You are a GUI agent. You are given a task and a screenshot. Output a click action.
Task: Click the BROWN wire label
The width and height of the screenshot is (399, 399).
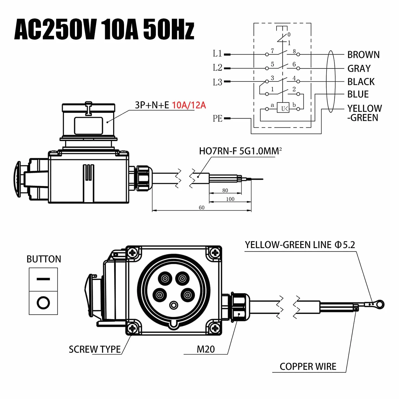tap(363, 55)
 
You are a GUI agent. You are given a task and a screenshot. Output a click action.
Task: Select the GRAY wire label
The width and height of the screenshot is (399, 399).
tap(359, 69)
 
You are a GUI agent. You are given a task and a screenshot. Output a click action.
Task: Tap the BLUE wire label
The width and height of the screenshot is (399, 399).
tap(358, 94)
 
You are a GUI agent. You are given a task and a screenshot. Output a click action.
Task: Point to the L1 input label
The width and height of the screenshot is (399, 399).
tap(217, 54)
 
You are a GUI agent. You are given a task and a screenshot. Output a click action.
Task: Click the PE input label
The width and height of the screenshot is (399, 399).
tap(217, 118)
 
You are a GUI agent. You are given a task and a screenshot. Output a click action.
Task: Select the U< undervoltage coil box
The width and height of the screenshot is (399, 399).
tap(283, 108)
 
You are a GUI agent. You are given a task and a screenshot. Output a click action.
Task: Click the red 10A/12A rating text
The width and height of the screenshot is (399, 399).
tap(189, 105)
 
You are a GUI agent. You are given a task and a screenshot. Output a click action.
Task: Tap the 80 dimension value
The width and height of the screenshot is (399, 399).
tap(225, 190)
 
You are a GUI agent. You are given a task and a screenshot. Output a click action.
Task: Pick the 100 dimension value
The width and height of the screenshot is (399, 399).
tap(230, 199)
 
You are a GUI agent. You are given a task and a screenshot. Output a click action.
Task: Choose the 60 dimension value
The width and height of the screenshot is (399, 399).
tap(201, 207)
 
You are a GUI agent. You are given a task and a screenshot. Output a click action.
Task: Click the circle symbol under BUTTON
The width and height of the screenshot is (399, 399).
tap(43, 303)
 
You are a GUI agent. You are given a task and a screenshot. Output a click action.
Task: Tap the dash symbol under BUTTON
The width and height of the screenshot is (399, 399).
tap(43, 279)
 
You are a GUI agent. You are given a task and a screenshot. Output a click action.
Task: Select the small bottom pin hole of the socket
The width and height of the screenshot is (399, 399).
tap(173, 305)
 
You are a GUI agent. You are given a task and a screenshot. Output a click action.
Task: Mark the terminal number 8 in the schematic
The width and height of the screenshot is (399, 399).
tap(294, 51)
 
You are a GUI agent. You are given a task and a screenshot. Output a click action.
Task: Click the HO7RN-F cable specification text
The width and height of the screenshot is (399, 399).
tap(240, 151)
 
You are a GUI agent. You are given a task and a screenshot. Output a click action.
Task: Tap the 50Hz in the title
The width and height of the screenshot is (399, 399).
tap(169, 29)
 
